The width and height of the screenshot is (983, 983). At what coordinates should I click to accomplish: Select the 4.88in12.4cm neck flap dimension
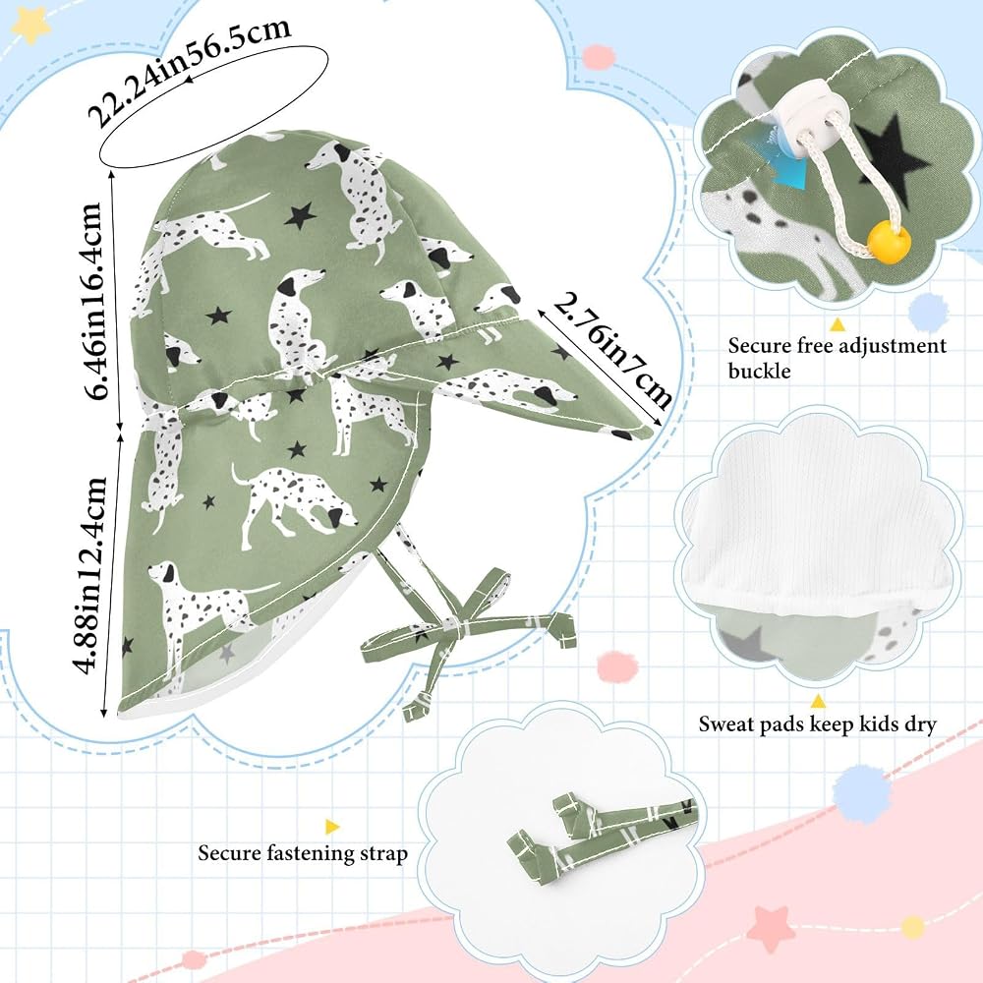90,575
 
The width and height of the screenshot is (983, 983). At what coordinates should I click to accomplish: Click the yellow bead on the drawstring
889,243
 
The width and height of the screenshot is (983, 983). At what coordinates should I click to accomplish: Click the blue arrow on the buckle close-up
791,170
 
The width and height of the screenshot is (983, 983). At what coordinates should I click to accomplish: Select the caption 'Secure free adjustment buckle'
837,358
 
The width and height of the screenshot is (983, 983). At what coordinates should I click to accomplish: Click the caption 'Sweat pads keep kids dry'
818,724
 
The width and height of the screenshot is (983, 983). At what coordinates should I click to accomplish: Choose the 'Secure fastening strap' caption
303,853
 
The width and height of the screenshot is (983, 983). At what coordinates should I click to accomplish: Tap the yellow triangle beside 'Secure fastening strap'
331,827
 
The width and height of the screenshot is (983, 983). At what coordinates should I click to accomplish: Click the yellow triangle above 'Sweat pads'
817,700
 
